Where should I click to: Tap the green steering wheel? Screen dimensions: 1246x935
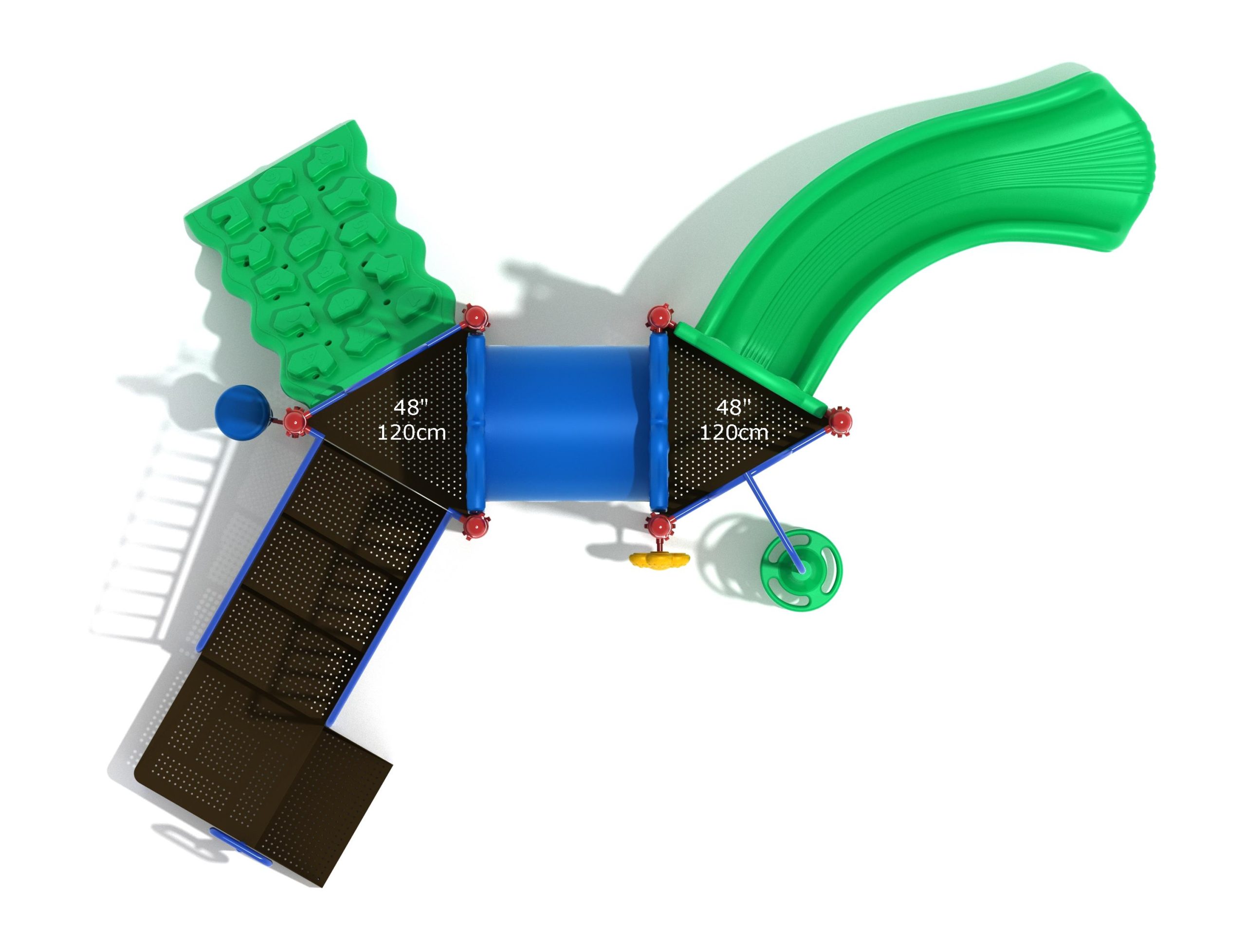[x=801, y=569]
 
